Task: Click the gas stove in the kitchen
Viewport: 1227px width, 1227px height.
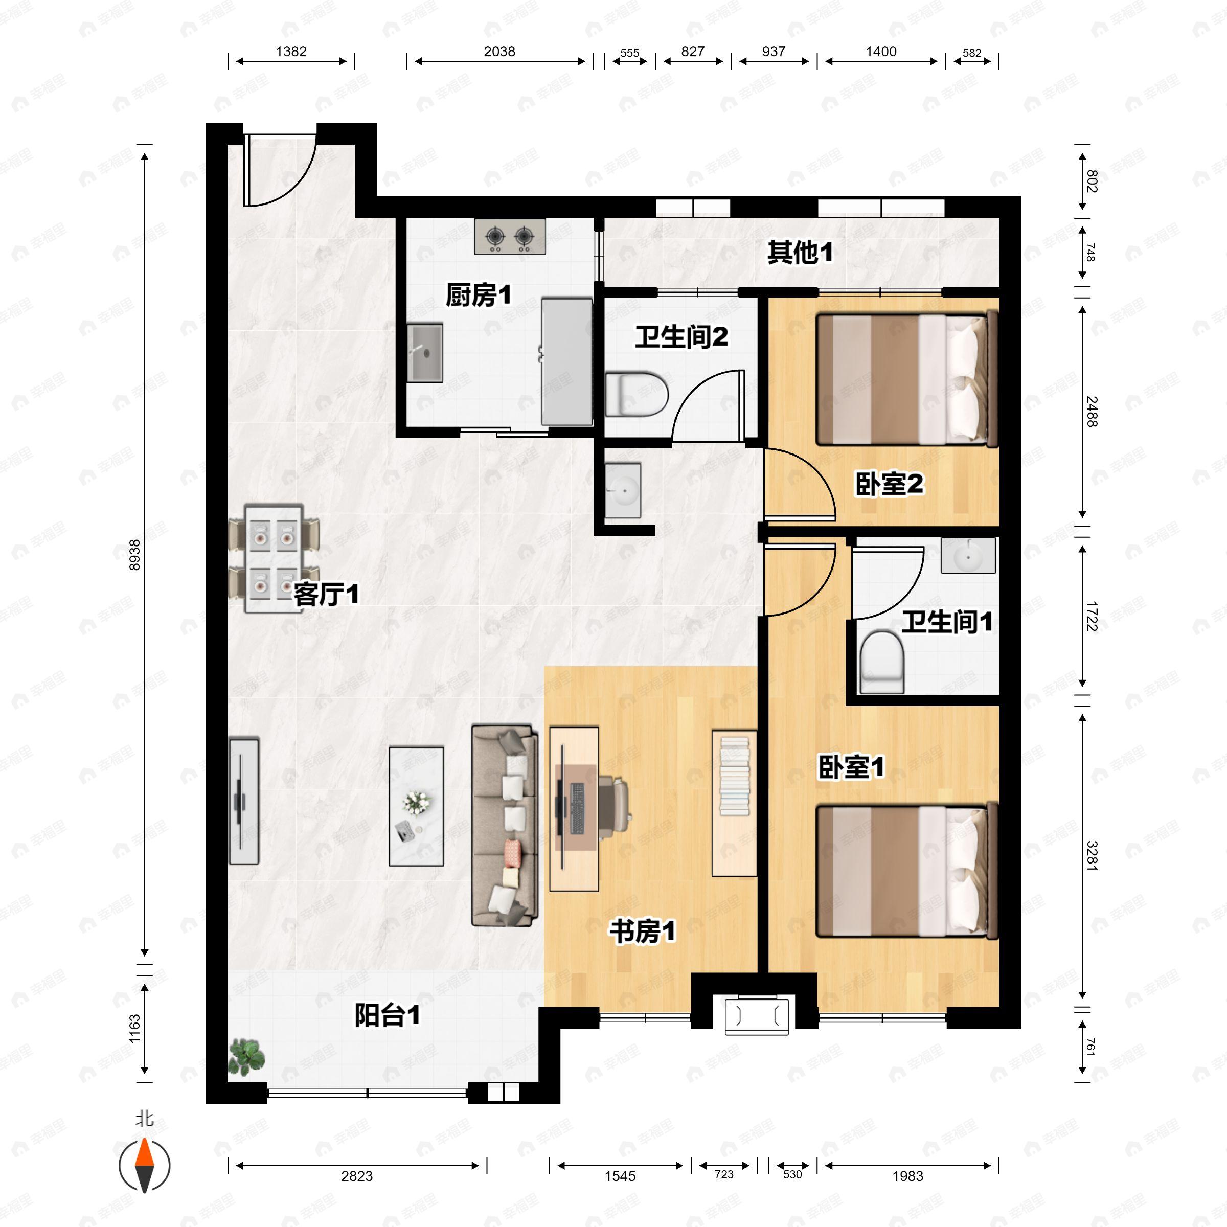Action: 509,237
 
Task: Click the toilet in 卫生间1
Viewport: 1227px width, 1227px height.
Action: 881,661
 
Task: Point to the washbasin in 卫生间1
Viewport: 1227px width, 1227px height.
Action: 968,556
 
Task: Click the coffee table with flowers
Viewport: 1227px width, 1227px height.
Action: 416,806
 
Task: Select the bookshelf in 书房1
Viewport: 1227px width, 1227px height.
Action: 734,803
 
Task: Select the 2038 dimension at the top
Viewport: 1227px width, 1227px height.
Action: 499,52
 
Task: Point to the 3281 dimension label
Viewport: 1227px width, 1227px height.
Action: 1091,855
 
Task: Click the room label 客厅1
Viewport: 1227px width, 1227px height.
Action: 326,595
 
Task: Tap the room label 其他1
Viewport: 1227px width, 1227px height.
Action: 800,253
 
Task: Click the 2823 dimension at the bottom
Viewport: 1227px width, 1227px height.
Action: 356,1175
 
